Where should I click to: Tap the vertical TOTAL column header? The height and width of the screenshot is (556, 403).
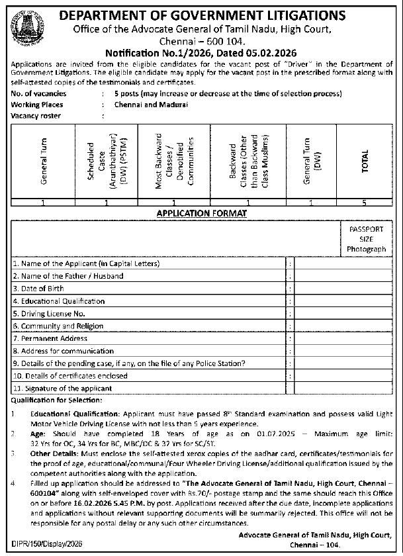pos(365,160)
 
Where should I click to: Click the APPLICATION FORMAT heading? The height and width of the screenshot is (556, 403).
pos(201,213)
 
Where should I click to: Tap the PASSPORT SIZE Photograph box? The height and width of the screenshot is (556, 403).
pos(366,238)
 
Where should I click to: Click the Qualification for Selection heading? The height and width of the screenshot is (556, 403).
pos(56,400)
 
